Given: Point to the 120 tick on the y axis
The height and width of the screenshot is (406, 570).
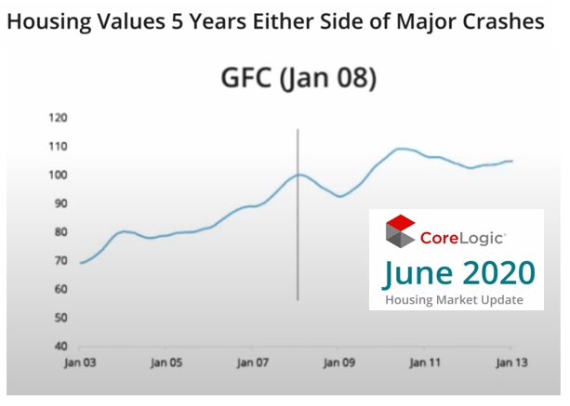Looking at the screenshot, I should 59,118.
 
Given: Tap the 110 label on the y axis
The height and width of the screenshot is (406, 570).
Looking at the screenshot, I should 59,147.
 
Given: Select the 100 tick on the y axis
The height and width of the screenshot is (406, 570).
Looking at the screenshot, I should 59,176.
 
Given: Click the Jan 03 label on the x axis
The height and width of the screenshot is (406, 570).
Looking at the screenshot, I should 78,363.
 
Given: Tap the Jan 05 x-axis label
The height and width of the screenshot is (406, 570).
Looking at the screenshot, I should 166,363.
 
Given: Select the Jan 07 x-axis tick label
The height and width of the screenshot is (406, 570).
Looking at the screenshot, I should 252,363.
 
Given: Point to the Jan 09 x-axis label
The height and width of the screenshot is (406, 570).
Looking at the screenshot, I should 338,363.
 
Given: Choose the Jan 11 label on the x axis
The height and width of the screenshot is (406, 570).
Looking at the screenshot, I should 425,363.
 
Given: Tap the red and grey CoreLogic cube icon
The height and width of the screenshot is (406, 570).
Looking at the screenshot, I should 400,232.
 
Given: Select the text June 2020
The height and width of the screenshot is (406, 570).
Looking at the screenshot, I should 460,273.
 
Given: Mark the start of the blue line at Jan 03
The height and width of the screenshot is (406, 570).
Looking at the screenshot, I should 81,263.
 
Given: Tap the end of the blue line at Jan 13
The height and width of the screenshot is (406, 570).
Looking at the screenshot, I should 512,161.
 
